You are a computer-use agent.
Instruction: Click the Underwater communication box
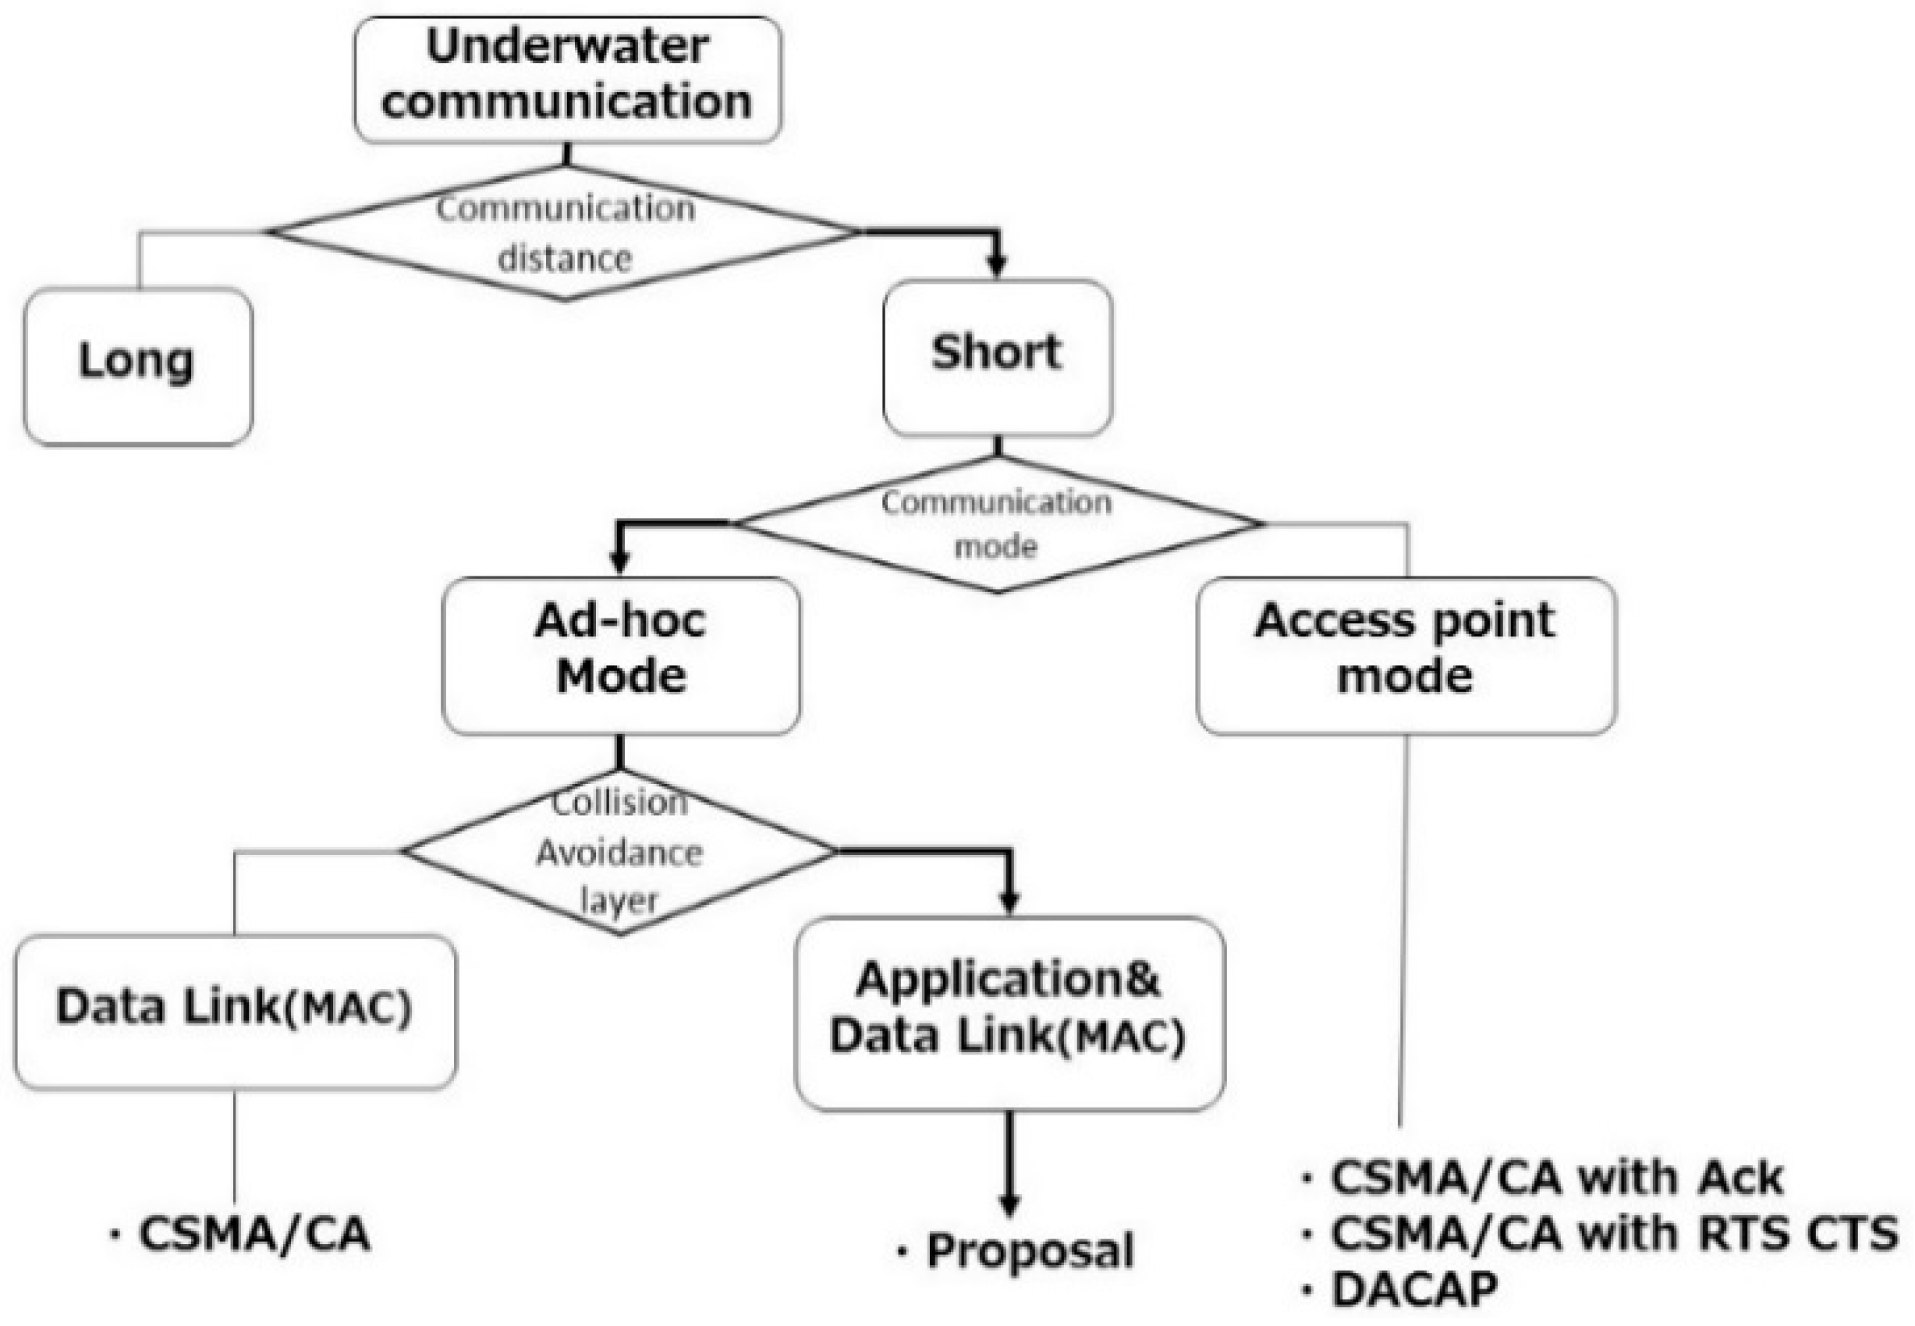point(567,80)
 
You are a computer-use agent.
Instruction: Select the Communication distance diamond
point(565,232)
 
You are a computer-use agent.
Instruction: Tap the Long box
point(138,366)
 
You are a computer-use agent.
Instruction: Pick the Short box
point(997,357)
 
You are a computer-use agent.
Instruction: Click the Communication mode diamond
point(997,524)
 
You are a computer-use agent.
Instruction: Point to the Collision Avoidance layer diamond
point(619,852)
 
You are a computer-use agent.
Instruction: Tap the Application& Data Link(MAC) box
point(1009,1012)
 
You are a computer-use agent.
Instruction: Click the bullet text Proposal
point(1029,1251)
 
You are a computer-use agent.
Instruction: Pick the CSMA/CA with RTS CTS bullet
point(1612,1234)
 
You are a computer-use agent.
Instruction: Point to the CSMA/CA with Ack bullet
point(1554,1178)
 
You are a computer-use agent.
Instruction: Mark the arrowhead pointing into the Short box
point(997,265)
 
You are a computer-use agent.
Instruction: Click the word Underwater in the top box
point(567,47)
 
